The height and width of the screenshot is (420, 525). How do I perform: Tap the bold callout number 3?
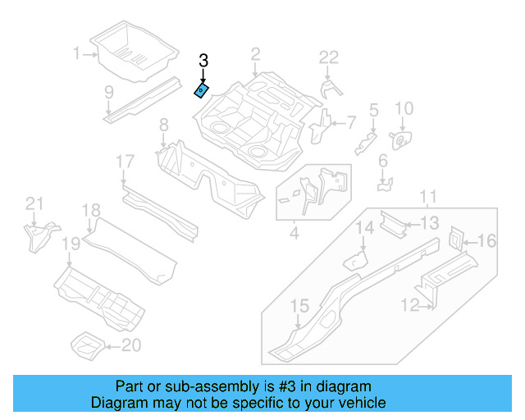[203, 61]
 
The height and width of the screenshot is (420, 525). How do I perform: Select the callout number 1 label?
[78, 54]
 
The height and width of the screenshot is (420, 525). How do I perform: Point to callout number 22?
[328, 57]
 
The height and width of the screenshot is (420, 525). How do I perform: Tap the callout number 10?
[404, 109]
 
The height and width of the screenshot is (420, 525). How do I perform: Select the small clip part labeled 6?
[385, 185]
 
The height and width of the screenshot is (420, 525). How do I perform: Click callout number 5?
[373, 110]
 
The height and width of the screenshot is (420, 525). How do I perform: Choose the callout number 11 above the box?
[427, 196]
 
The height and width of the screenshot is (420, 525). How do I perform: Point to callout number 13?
[430, 223]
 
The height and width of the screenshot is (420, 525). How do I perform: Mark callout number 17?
[124, 162]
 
